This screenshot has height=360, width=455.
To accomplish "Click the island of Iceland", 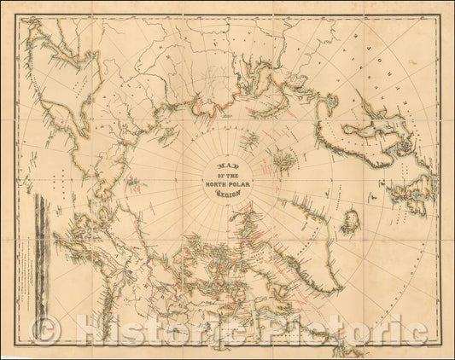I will click(x=349, y=208).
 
